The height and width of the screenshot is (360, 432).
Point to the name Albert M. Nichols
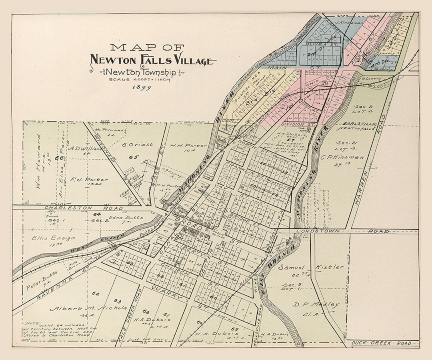pyautogui.click(x=88, y=308)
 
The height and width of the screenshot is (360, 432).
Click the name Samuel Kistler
pyautogui.click(x=311, y=267)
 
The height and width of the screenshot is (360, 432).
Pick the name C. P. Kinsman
pyautogui.click(x=342, y=157)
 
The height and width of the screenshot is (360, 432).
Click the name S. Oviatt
pyautogui.click(x=137, y=145)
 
